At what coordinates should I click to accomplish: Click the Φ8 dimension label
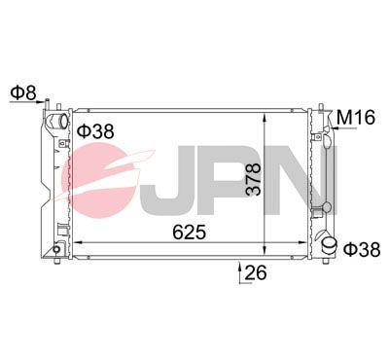[x=23, y=93]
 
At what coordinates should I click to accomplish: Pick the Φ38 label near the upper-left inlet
[x=95, y=129]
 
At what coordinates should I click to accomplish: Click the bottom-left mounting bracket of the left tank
[x=57, y=249]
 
